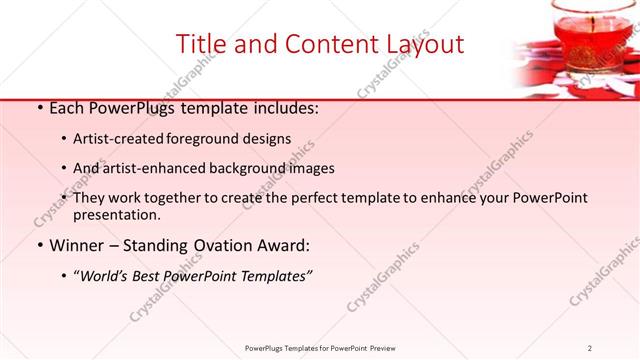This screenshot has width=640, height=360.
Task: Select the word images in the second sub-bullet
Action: (310, 168)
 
